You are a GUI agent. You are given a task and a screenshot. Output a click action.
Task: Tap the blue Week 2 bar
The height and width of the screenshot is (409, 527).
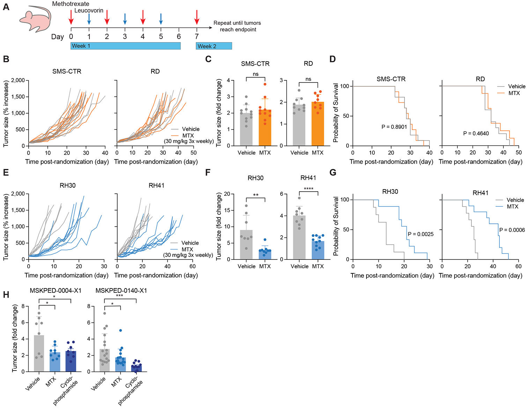click(214, 46)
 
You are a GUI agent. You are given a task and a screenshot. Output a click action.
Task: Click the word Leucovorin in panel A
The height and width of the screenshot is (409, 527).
click(89, 10)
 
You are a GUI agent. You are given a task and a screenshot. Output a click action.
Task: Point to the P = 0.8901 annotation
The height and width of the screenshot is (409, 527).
click(394, 127)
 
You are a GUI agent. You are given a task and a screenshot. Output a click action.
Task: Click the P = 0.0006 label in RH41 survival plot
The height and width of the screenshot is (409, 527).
click(512, 230)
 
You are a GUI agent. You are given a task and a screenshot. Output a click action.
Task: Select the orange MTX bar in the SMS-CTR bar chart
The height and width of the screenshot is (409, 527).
click(265, 128)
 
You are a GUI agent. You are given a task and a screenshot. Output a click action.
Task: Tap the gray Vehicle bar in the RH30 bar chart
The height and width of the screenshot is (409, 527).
click(246, 245)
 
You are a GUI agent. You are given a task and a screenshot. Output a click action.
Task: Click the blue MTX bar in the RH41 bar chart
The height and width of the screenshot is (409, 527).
click(318, 250)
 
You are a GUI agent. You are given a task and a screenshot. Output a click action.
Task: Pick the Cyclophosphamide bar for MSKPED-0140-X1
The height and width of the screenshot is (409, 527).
click(136, 368)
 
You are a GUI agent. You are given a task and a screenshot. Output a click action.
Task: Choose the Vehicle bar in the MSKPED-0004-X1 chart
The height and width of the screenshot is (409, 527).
click(39, 353)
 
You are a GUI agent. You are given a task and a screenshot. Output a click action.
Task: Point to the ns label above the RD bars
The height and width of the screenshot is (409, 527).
click(308, 79)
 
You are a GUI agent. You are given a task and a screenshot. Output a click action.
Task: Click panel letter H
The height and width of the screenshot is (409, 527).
click(6, 295)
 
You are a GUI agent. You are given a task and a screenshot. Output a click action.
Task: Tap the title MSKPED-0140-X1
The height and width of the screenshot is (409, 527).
click(121, 291)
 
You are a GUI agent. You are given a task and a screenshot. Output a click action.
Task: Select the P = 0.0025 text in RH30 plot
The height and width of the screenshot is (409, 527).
click(421, 234)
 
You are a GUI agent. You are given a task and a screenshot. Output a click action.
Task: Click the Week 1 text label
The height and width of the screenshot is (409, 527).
click(81, 46)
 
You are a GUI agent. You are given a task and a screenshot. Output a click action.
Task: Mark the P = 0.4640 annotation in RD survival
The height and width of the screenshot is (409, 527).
click(476, 134)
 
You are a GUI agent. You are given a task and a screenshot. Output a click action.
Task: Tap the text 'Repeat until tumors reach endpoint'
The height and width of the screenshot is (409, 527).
click(237, 26)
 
